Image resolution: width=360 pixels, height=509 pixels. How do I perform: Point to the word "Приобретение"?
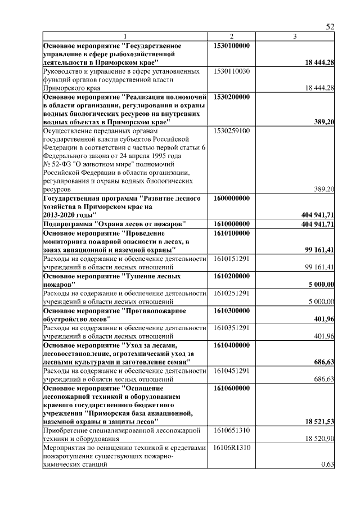65,430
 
